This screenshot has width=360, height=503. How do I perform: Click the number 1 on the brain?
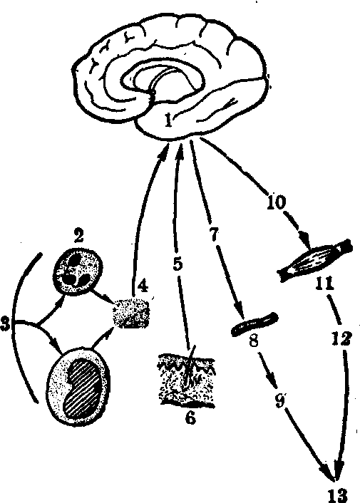coord(168,120)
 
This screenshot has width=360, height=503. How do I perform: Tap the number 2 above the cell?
coord(78,236)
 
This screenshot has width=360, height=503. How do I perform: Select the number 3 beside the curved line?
coord(5,324)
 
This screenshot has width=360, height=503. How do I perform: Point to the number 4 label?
coord(143,286)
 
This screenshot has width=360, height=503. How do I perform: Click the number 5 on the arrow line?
coord(178,264)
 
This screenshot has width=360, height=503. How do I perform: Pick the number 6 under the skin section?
coord(190,418)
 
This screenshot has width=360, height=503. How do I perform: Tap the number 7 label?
coord(215,234)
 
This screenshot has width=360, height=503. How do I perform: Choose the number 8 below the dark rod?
coord(254,341)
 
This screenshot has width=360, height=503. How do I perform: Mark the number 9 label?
coord(281,400)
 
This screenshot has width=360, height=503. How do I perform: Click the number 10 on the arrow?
coord(276,202)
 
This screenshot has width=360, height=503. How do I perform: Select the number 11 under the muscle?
coord(324,284)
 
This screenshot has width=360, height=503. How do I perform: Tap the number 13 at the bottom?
coord(338,495)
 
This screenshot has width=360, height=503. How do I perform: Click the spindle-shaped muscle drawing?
coord(315,260)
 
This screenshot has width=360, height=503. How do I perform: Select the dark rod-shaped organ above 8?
coord(254,324)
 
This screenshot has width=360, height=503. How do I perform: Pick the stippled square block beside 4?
coord(131,313)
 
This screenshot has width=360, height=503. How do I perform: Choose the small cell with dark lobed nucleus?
coord(78,270)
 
